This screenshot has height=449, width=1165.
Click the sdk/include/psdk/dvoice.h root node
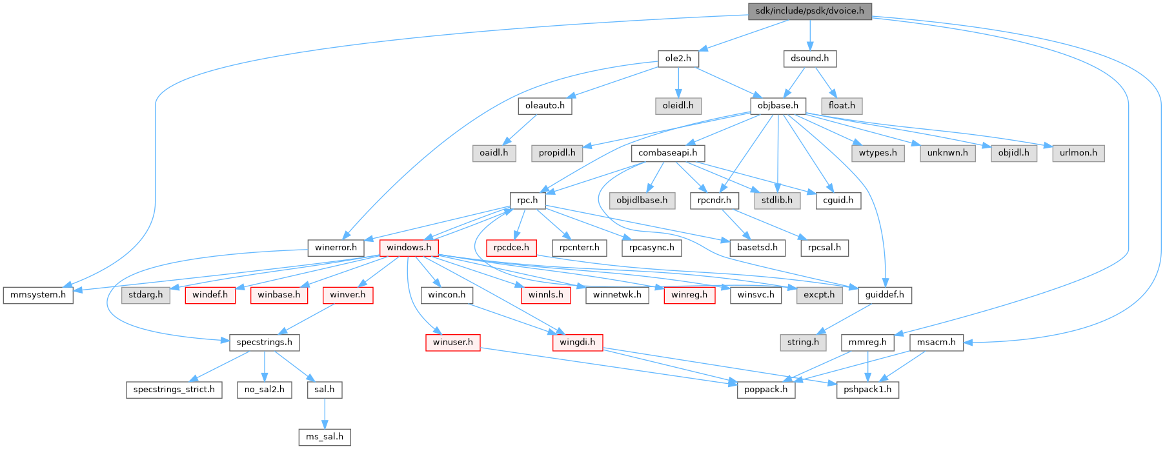809,11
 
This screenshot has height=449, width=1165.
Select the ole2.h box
678,58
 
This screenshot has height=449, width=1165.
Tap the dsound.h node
809,58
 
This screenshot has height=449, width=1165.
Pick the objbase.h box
778,105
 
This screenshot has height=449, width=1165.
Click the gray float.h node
842,105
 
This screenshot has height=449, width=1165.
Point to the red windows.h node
409,248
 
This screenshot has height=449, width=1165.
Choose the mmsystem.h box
38,295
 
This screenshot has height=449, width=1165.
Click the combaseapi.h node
667,153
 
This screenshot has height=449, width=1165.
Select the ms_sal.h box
325,437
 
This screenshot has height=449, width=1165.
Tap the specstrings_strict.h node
174,390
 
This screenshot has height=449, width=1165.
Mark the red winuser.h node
452,342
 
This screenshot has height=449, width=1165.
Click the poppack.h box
766,390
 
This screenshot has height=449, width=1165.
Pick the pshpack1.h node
867,390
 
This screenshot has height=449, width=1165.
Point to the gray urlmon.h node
1079,153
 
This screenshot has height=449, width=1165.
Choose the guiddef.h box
884,295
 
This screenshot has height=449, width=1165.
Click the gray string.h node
803,342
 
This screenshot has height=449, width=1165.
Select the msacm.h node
937,342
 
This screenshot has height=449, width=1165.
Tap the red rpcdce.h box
511,248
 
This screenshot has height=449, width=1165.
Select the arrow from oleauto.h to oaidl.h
520,129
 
